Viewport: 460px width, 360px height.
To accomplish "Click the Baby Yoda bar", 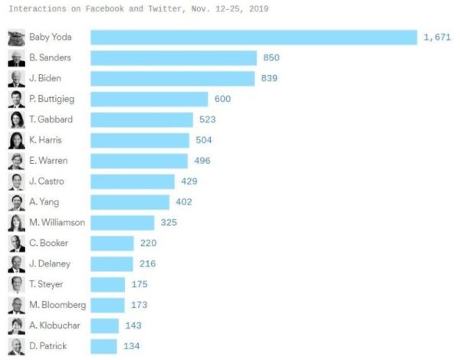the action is coord(254,38).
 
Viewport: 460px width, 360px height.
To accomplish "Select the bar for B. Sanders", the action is coord(174,58).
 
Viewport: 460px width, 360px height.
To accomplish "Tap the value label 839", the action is coord(269,78).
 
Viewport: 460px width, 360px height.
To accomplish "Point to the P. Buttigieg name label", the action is coord(51,99).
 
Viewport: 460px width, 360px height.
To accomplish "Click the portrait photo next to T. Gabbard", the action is coord(16,120).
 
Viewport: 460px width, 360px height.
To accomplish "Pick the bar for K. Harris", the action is coord(140,140).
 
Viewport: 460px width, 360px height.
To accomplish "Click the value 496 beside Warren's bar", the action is coord(202,161).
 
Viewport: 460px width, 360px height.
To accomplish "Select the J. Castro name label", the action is coord(47,182).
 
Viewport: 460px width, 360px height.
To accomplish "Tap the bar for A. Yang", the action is coord(130,202).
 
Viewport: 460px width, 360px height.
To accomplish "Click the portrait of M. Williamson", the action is coord(16,223).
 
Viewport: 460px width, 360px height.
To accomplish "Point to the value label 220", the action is coord(148,243).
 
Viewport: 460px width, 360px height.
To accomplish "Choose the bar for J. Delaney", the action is coord(112,264).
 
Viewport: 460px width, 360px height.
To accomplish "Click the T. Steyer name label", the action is coord(46,284).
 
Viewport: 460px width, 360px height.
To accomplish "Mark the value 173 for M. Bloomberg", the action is coord(139,305).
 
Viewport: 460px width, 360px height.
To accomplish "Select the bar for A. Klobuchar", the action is coord(105,326).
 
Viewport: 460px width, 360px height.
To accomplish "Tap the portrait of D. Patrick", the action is coord(16,346).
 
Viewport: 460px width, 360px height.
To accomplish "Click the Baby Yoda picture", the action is coord(16,38).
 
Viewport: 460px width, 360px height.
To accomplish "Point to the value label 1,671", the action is coord(437,38).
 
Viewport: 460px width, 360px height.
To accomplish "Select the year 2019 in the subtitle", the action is coord(259,8).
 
